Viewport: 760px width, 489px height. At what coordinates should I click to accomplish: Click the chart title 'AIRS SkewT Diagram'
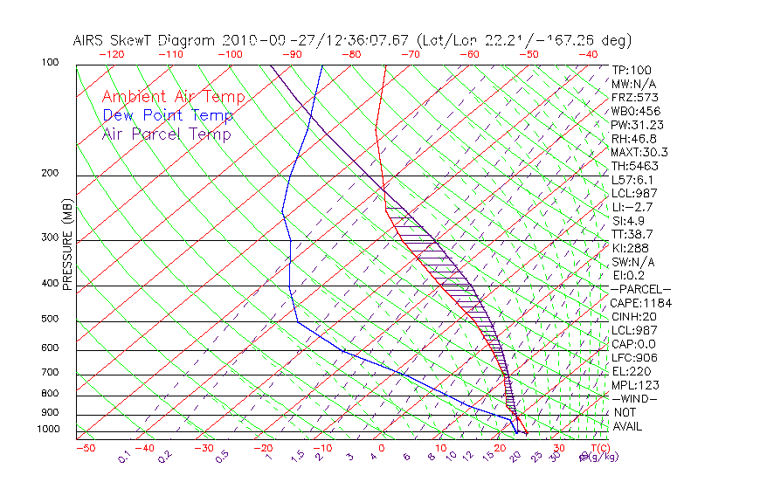(145, 41)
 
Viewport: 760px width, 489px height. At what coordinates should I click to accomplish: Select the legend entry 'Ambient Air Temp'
(173, 98)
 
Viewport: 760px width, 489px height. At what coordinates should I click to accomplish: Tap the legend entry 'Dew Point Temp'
(168, 116)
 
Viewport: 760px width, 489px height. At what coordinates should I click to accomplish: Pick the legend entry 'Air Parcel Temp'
(167, 134)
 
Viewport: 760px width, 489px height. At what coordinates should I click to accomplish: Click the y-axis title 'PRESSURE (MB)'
(66, 250)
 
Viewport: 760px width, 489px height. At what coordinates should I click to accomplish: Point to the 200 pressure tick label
(51, 173)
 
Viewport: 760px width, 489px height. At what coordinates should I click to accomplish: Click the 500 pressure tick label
(51, 319)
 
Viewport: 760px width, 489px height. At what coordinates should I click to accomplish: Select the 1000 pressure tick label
(48, 429)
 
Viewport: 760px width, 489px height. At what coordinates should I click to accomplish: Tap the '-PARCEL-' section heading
(640, 289)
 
